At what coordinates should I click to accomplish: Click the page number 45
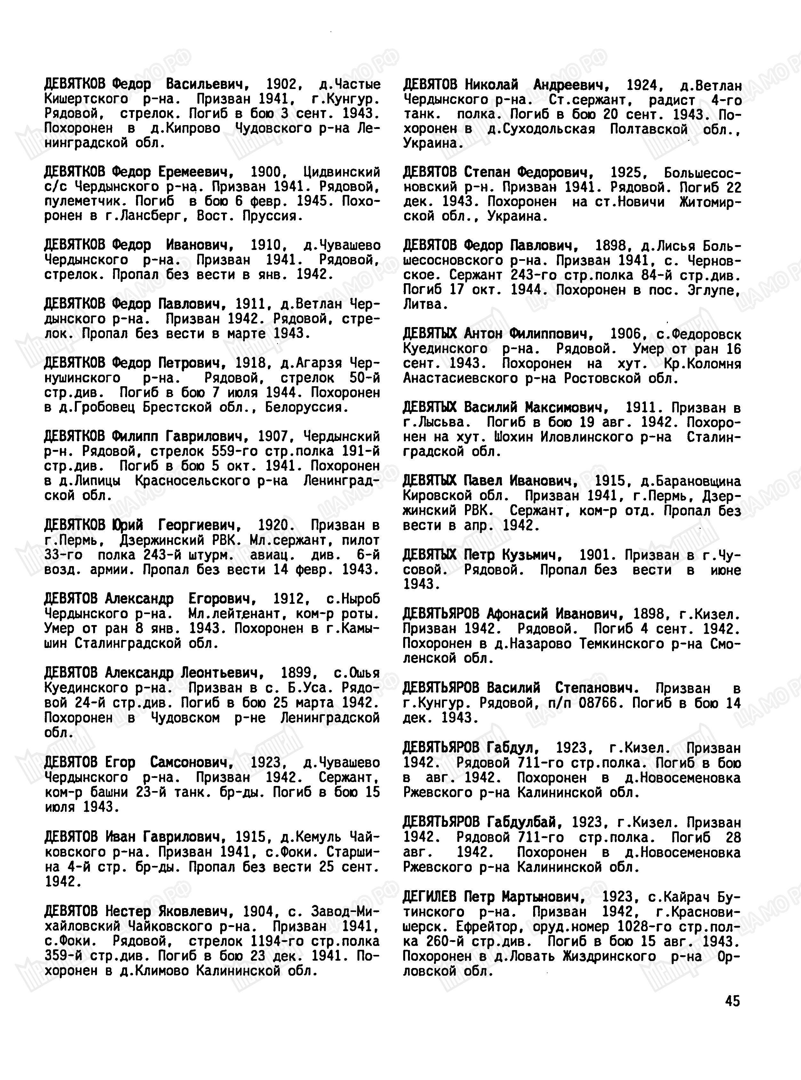point(733,1001)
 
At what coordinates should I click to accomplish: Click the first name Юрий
point(127,525)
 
